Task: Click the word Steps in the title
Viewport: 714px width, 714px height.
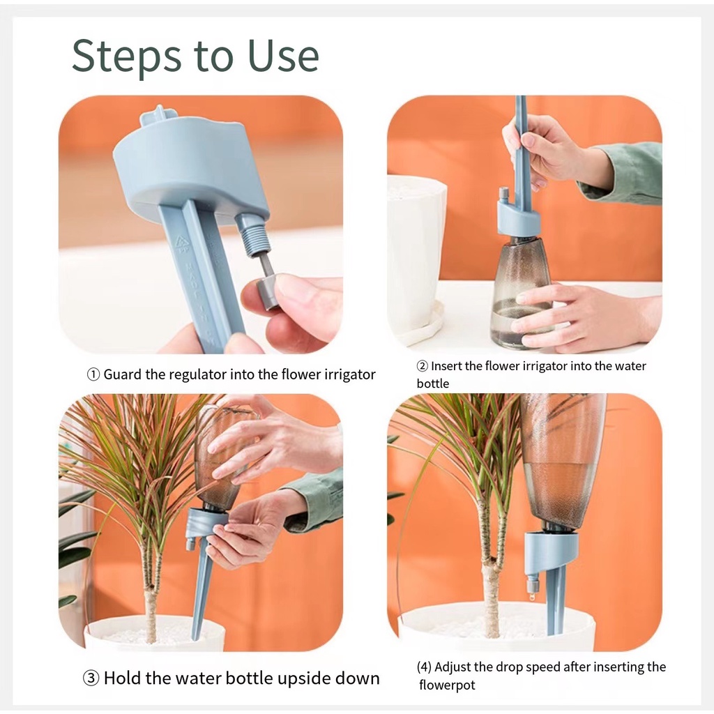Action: point(127,56)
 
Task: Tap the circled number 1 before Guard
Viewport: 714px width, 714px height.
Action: point(93,374)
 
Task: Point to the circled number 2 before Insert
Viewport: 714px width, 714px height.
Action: point(423,366)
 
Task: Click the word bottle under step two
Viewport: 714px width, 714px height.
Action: point(432,383)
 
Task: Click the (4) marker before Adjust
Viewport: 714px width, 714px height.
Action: point(424,667)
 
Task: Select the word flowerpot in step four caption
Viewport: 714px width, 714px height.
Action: point(447,685)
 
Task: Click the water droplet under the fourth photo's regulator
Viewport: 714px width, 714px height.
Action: point(531,595)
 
